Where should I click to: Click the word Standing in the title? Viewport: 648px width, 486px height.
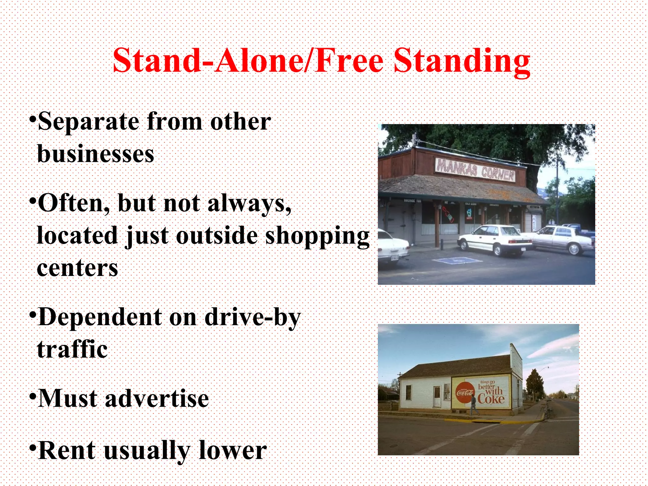pos(462,61)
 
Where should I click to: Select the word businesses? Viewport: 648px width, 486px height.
pos(96,154)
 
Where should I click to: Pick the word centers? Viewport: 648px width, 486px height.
pos(78,268)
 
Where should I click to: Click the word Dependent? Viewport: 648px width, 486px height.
pos(100,317)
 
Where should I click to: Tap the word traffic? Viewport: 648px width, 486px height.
pos(72,350)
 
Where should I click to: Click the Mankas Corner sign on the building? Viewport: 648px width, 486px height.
pos(475,170)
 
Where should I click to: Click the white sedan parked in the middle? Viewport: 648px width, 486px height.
pos(495,239)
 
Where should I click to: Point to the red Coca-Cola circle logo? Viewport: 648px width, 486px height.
pos(465,393)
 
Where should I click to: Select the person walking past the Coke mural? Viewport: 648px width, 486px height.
pos(474,405)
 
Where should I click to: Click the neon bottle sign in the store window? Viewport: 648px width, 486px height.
pos(448,215)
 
